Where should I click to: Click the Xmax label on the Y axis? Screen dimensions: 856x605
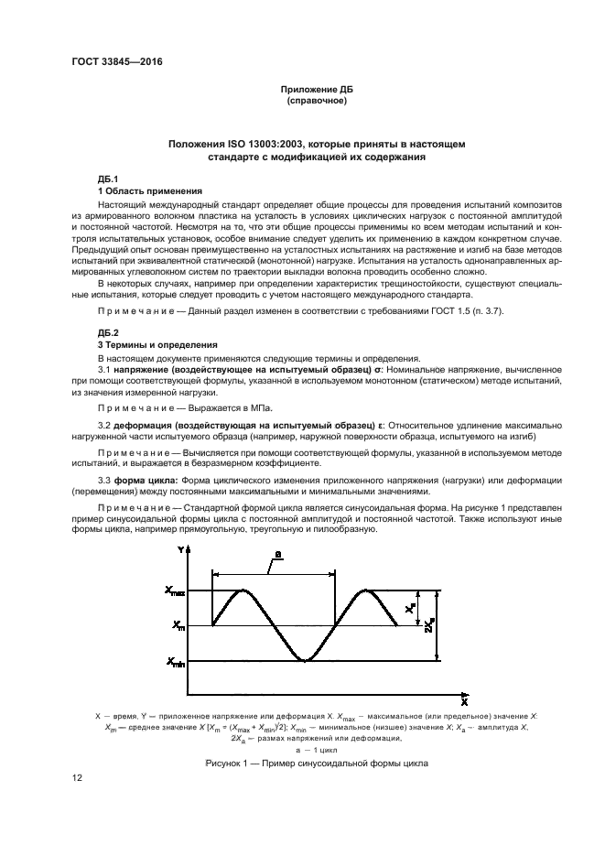coord(174,592)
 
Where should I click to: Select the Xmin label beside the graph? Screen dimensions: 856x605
coord(174,661)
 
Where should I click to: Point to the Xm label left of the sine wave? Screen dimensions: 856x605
coord(177,626)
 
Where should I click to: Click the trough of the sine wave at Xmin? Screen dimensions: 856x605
coord(305,659)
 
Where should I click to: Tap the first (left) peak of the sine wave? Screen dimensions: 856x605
coord(243,591)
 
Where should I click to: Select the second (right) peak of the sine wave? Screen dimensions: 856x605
coord(366,591)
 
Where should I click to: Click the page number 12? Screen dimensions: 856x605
coord(78,777)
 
